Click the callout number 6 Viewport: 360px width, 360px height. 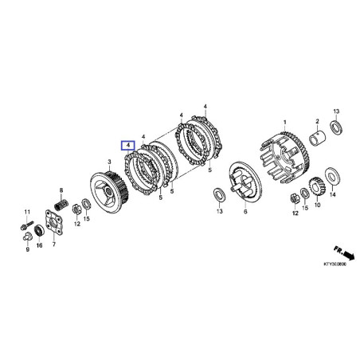[x=245, y=213]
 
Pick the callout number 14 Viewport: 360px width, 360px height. [x=333, y=194]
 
